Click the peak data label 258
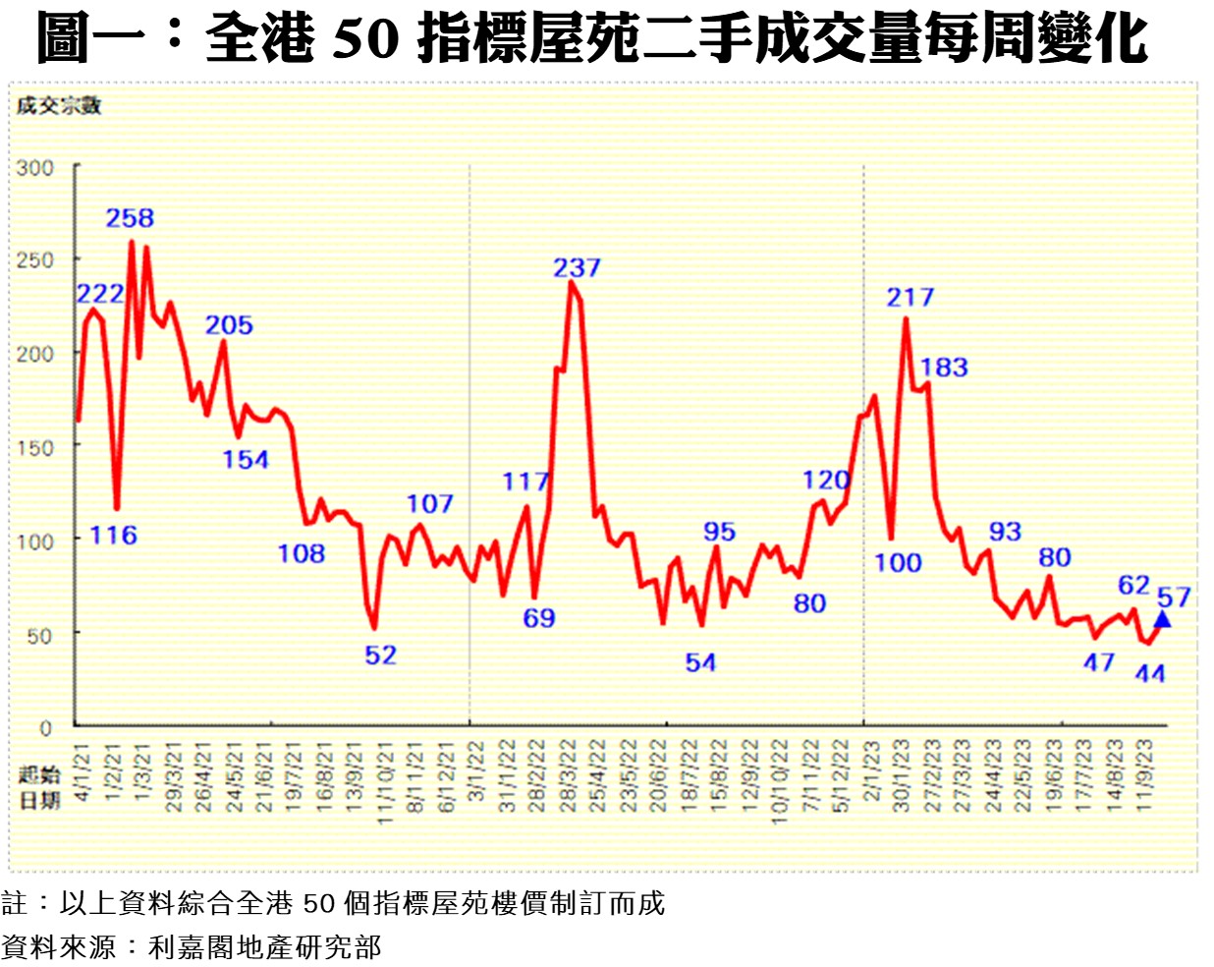130,218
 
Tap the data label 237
577,267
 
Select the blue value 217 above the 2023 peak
910,297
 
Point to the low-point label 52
380,654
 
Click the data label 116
113,536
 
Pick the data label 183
944,368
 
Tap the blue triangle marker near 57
1162,619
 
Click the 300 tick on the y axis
34,168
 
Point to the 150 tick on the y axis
34,447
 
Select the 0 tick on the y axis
45,728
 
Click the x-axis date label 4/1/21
83,772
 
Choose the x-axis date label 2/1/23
871,772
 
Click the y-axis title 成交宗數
58,106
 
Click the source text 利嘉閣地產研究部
264,946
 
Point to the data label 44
1149,673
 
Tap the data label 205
229,325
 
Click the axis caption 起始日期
39,787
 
